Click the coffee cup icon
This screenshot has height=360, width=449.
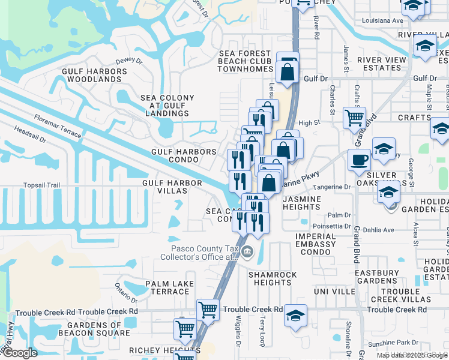click(x=359, y=160)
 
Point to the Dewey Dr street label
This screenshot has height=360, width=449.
click(x=129, y=61)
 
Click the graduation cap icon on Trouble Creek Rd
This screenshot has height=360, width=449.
click(x=295, y=316)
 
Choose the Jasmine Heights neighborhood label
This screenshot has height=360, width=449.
click(x=303, y=203)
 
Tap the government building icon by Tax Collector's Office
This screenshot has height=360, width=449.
click(x=247, y=251)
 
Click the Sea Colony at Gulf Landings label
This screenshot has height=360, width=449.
click(x=167, y=105)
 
